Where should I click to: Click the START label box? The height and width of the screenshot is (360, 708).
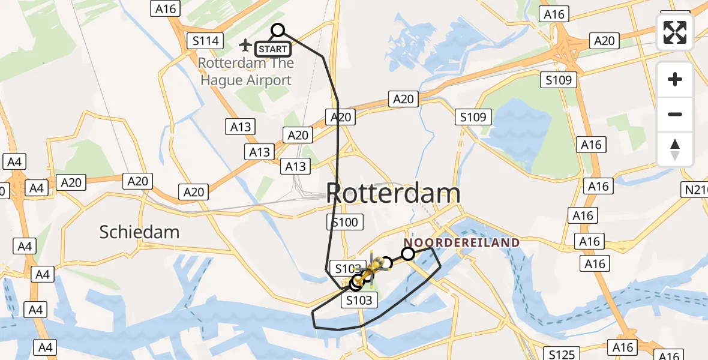pyautogui.click(x=274, y=49)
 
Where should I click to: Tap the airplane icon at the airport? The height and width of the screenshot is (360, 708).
pyautogui.click(x=245, y=45)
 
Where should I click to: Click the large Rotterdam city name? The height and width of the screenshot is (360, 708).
pyautogui.click(x=394, y=193)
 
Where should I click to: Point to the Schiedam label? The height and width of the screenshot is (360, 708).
pyautogui.click(x=140, y=232)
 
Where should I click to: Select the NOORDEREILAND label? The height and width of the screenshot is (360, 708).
pyautogui.click(x=461, y=242)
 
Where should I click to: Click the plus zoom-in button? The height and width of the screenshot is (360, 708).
pyautogui.click(x=675, y=79)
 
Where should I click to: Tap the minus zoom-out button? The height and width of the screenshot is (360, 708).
pyautogui.click(x=675, y=114)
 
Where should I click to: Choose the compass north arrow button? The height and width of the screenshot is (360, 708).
pyautogui.click(x=675, y=149)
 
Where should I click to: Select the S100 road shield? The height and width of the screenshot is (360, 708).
pyautogui.click(x=345, y=223)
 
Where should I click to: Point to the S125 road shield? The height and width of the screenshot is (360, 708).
pyautogui.click(x=561, y=353)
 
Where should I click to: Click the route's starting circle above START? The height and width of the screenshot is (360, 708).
pyautogui.click(x=278, y=30)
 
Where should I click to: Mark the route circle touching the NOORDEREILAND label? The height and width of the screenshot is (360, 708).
pyautogui.click(x=408, y=254)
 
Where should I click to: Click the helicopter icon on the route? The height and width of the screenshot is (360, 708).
pyautogui.click(x=371, y=271)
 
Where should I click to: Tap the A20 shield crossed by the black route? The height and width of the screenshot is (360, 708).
pyautogui.click(x=341, y=117)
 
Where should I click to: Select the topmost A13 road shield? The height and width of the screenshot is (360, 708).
pyautogui.click(x=241, y=127)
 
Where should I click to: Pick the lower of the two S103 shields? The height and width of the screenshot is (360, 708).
pyautogui.click(x=359, y=300)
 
